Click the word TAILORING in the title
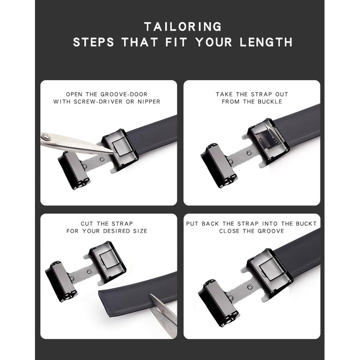pos(183,27)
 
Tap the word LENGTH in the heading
pos(266,42)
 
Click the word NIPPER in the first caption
pos(149,102)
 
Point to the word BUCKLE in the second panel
pos(270,102)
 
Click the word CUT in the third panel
pos(87,224)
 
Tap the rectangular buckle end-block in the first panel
pos(73,170)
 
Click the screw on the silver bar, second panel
pos(249,153)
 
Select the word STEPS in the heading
pos(94,42)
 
